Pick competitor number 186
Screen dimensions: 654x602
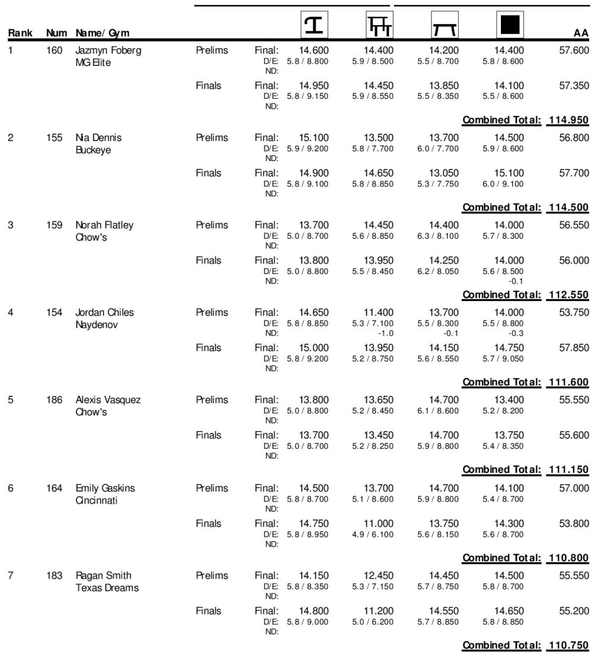click(x=55, y=401)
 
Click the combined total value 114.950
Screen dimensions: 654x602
click(x=568, y=121)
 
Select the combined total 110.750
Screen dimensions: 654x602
click(x=568, y=645)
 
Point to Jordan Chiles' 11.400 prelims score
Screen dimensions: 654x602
click(x=378, y=313)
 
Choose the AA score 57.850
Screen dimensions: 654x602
click(x=574, y=348)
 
